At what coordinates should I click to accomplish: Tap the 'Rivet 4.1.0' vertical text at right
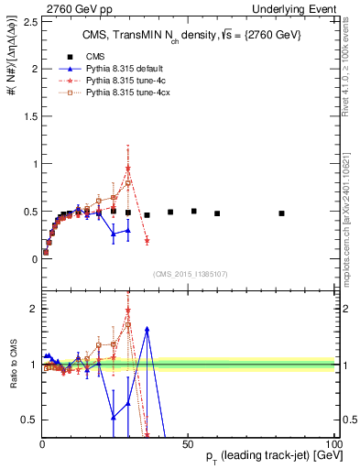tap(352, 55)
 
